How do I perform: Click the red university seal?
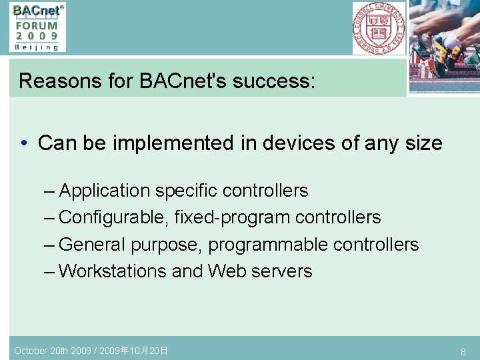tap(379, 28)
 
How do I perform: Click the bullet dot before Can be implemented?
tap(23, 143)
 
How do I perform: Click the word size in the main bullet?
tap(423, 143)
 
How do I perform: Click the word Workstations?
tap(113, 271)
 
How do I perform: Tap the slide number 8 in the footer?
tap(463, 351)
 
